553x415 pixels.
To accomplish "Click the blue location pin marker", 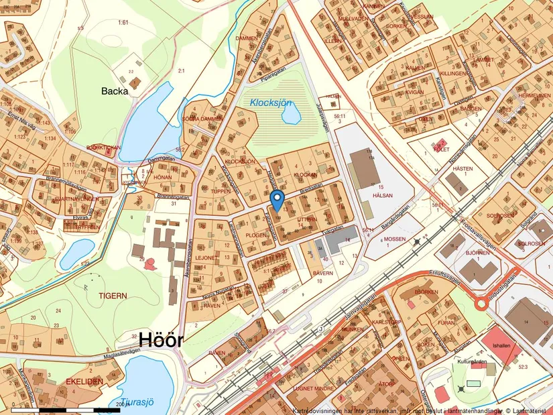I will [277, 198].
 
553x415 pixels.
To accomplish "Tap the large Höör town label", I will [161, 341].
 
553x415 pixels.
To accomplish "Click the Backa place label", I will [114, 91].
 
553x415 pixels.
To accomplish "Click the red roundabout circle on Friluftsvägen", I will [481, 304].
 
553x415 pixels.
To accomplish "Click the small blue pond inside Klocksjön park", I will [291, 115].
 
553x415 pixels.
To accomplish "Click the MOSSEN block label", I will [393, 239].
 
